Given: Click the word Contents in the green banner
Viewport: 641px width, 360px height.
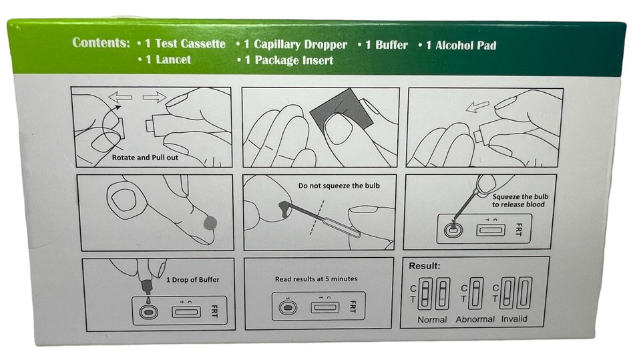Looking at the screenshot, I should (101, 43).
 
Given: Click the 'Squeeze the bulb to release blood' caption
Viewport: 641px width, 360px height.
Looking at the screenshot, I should (517, 200).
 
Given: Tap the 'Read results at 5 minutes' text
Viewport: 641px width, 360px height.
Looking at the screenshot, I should (316, 279).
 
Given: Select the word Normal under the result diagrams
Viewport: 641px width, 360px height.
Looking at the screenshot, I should (431, 319).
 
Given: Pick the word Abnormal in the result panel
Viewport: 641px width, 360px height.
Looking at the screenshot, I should (475, 319).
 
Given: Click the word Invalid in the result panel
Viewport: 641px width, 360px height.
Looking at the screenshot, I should (513, 319).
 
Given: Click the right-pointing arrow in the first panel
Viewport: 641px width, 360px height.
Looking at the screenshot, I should (154, 98).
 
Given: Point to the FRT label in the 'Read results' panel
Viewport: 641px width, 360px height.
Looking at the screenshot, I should (352, 308).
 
